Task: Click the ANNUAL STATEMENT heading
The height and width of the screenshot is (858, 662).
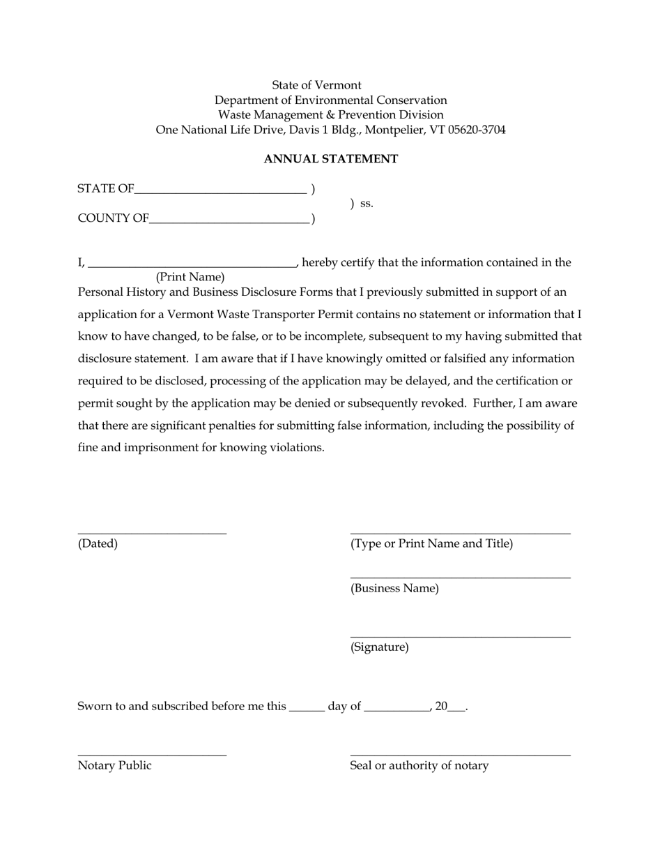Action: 330,159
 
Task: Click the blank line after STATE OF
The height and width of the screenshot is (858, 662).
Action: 220,191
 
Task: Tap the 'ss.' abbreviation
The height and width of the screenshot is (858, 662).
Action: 367,204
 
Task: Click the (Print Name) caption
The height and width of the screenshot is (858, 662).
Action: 190,277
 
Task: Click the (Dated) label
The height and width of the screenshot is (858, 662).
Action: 98,543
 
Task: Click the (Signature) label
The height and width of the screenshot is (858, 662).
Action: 379,647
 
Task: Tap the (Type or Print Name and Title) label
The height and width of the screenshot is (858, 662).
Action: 431,543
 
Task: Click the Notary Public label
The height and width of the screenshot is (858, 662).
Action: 114,765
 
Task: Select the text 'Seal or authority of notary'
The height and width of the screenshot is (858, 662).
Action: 419,765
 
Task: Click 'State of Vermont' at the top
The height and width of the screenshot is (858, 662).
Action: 316,85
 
